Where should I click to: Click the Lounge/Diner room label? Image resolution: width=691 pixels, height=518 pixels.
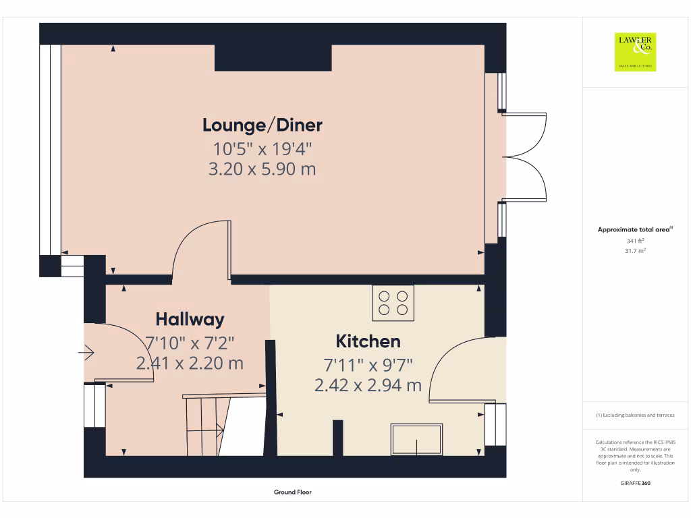[x=262, y=125]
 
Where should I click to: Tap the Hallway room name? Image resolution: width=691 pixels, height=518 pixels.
[x=190, y=319]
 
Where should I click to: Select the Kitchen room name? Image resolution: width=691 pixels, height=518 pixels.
[x=368, y=341]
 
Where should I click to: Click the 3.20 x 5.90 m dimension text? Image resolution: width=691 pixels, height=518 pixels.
[x=262, y=169]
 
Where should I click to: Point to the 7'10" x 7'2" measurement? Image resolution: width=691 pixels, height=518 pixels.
[x=190, y=341]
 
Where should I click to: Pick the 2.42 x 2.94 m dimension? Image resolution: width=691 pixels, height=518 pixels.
[x=368, y=385]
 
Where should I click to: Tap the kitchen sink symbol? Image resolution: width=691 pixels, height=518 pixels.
[x=416, y=439]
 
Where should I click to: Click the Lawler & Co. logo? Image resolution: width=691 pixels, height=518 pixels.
[x=635, y=51]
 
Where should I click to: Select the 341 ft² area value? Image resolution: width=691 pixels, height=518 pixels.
[x=635, y=241]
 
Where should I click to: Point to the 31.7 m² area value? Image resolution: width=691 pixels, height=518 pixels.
[x=635, y=251]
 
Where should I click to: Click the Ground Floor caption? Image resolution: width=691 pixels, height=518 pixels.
[x=293, y=492]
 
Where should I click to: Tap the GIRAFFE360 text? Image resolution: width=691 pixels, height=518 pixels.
[x=635, y=484]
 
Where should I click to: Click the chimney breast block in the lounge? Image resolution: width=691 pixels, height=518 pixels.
[x=273, y=58]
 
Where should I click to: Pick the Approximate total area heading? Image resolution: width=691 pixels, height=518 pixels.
[x=635, y=230]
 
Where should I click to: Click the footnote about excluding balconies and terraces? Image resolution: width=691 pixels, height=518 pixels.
[x=635, y=415]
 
